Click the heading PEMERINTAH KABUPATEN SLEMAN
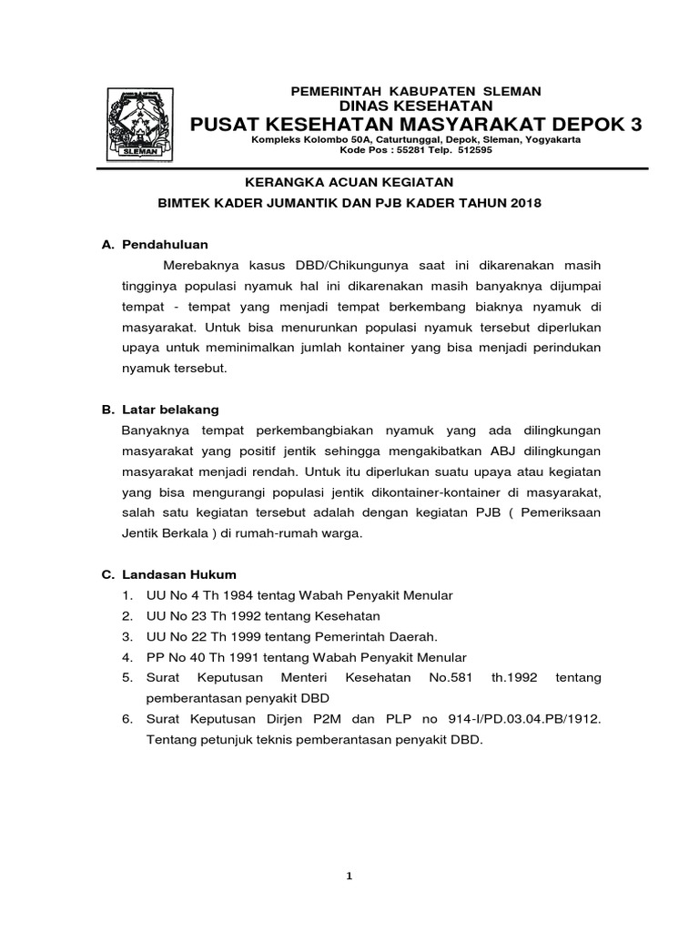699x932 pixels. [x=415, y=91]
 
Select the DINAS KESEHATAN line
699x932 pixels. [x=415, y=106]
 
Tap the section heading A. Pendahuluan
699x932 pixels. [x=156, y=245]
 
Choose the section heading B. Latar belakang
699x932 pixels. [x=160, y=410]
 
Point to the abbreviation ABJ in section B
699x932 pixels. [x=505, y=451]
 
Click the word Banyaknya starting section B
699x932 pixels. [x=154, y=430]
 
